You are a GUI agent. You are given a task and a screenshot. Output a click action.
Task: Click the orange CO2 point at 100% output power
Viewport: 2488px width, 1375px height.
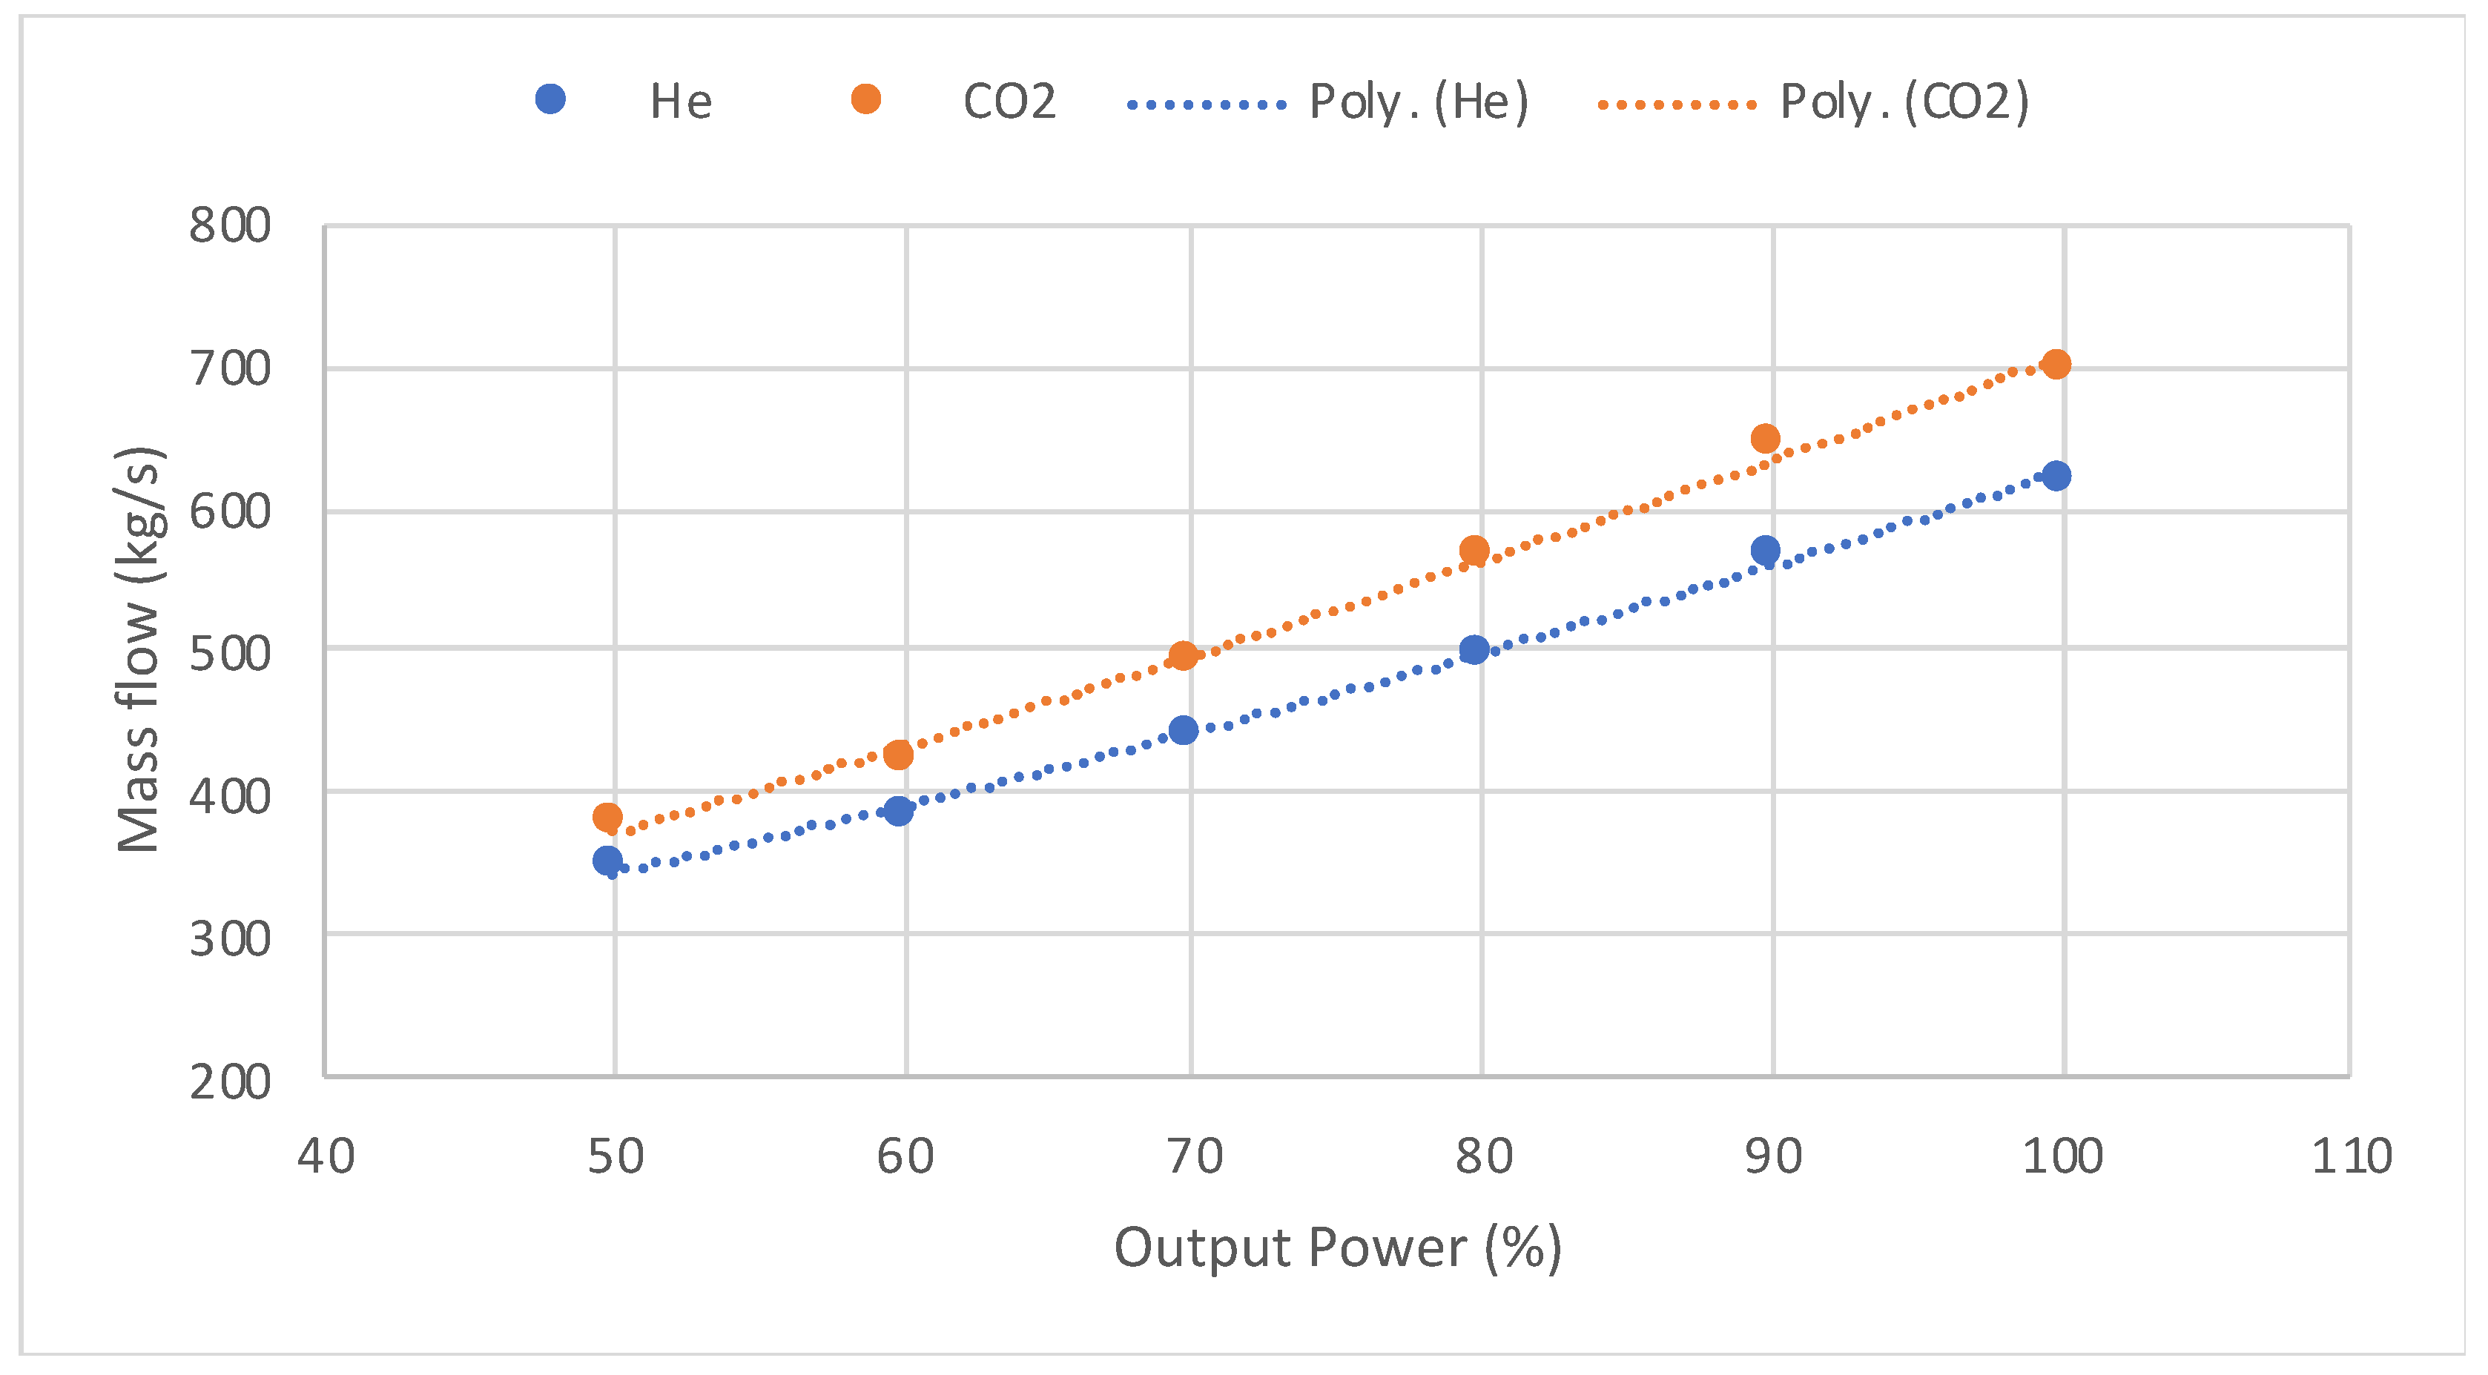coord(2056,364)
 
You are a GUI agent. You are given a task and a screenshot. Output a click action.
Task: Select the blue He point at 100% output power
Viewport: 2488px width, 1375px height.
coord(2056,475)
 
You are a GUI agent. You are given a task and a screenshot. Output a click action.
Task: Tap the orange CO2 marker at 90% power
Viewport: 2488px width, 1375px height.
coord(1764,438)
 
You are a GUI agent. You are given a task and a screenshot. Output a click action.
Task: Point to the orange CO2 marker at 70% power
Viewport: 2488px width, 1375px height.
coord(1183,656)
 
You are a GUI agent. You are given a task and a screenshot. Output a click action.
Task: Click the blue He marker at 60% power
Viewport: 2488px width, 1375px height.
coord(898,810)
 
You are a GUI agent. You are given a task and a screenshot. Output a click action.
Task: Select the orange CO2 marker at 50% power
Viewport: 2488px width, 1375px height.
coord(607,818)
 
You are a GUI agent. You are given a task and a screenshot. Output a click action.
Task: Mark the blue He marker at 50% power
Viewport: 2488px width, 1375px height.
coord(607,861)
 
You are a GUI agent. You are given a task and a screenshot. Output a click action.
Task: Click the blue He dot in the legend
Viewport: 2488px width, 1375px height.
coord(550,99)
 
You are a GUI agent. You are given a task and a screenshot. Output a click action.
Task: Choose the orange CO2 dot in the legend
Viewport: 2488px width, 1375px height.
coord(865,99)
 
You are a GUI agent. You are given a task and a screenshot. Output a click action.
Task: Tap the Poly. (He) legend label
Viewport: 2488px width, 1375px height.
coord(1418,102)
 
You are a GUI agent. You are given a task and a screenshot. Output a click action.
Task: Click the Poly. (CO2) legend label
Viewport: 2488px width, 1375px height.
coord(1904,102)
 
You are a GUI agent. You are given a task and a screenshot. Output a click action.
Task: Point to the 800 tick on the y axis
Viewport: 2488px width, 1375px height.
coord(230,226)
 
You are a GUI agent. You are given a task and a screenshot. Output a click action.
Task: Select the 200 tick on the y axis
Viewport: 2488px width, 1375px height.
coord(230,1081)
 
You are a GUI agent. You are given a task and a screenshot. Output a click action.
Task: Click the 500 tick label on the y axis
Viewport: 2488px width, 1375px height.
coord(230,654)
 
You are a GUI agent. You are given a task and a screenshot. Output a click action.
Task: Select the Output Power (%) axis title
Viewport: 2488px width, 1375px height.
coord(1338,1248)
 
